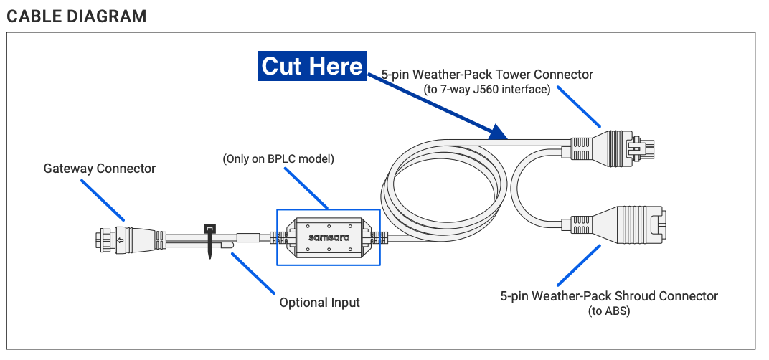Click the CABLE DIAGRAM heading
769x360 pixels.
[76, 16]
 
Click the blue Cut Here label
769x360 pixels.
[312, 66]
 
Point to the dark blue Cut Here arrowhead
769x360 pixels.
[497, 132]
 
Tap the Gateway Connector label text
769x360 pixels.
[100, 169]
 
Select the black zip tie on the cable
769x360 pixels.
[210, 240]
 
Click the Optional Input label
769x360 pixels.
[319, 303]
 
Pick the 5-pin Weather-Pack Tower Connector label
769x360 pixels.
[487, 75]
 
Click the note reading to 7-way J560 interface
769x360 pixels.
[487, 90]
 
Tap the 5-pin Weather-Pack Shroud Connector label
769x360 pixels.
[609, 296]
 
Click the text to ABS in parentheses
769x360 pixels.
[609, 311]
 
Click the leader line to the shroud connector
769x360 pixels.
[577, 265]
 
